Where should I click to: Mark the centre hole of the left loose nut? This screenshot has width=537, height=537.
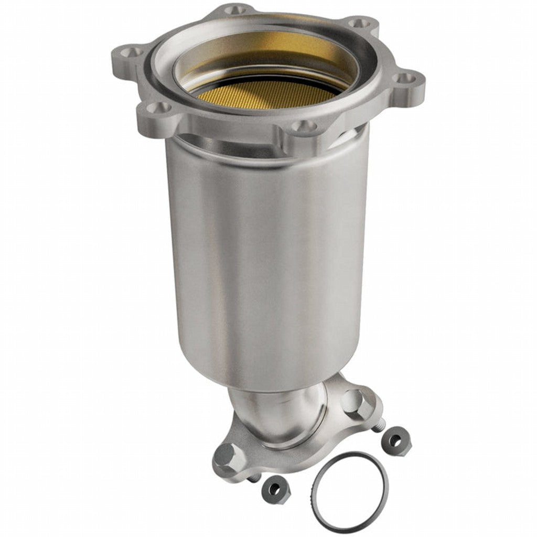pos(273,490)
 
